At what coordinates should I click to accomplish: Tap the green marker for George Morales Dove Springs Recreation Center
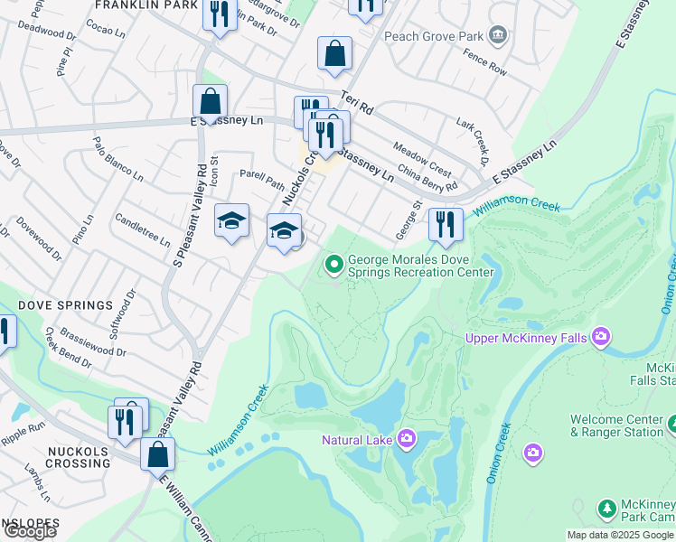[x=333, y=265]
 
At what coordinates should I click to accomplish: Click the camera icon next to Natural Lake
[x=406, y=439]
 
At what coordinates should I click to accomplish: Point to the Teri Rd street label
[x=357, y=101]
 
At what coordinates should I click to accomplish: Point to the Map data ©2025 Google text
[x=620, y=535]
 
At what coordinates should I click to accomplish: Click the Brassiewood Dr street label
[x=93, y=346]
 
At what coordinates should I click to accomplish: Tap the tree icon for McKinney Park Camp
[x=607, y=509]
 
